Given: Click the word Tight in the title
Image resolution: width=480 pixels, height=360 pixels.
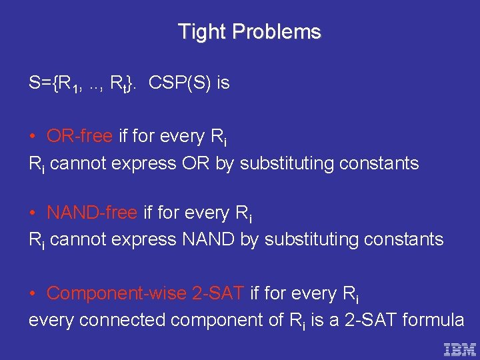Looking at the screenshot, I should [x=201, y=32].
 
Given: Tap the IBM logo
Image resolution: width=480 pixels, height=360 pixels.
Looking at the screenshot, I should [x=460, y=349].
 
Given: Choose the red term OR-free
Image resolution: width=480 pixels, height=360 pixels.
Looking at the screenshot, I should [x=79, y=136].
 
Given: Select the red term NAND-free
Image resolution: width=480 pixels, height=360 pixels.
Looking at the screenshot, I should [x=91, y=213].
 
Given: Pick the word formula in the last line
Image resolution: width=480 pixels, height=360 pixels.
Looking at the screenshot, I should [x=433, y=320].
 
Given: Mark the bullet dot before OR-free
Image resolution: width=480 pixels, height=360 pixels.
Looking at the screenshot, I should [x=33, y=137].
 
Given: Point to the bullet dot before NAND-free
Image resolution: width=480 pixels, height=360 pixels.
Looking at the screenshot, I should [x=33, y=213].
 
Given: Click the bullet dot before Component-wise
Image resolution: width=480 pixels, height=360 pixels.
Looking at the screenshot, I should [x=33, y=293].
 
